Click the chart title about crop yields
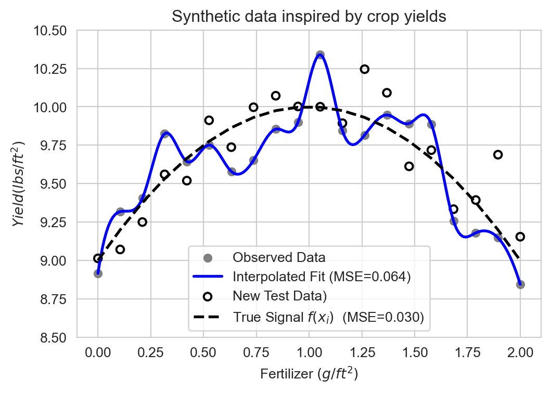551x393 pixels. (309, 17)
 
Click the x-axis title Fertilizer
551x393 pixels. (309, 374)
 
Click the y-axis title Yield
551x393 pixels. (19, 184)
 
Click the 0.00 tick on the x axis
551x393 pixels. (98, 352)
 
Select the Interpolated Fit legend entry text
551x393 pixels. (322, 277)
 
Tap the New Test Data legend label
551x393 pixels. (279, 296)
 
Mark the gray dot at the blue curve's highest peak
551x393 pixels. (320, 55)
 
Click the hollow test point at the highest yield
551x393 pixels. (365, 69)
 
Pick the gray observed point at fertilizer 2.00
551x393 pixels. (520, 284)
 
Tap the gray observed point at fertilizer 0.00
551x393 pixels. (98, 273)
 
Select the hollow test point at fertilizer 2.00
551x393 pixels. (520, 237)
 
